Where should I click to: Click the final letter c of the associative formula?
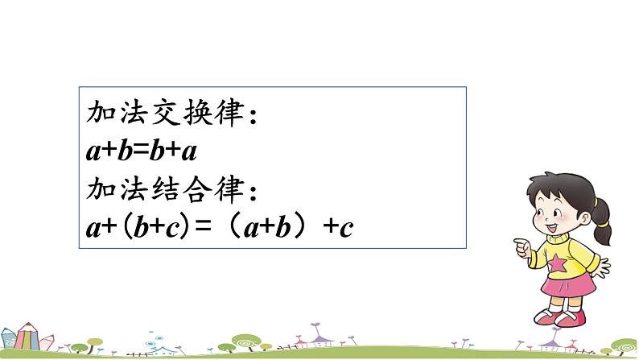[347, 230]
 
